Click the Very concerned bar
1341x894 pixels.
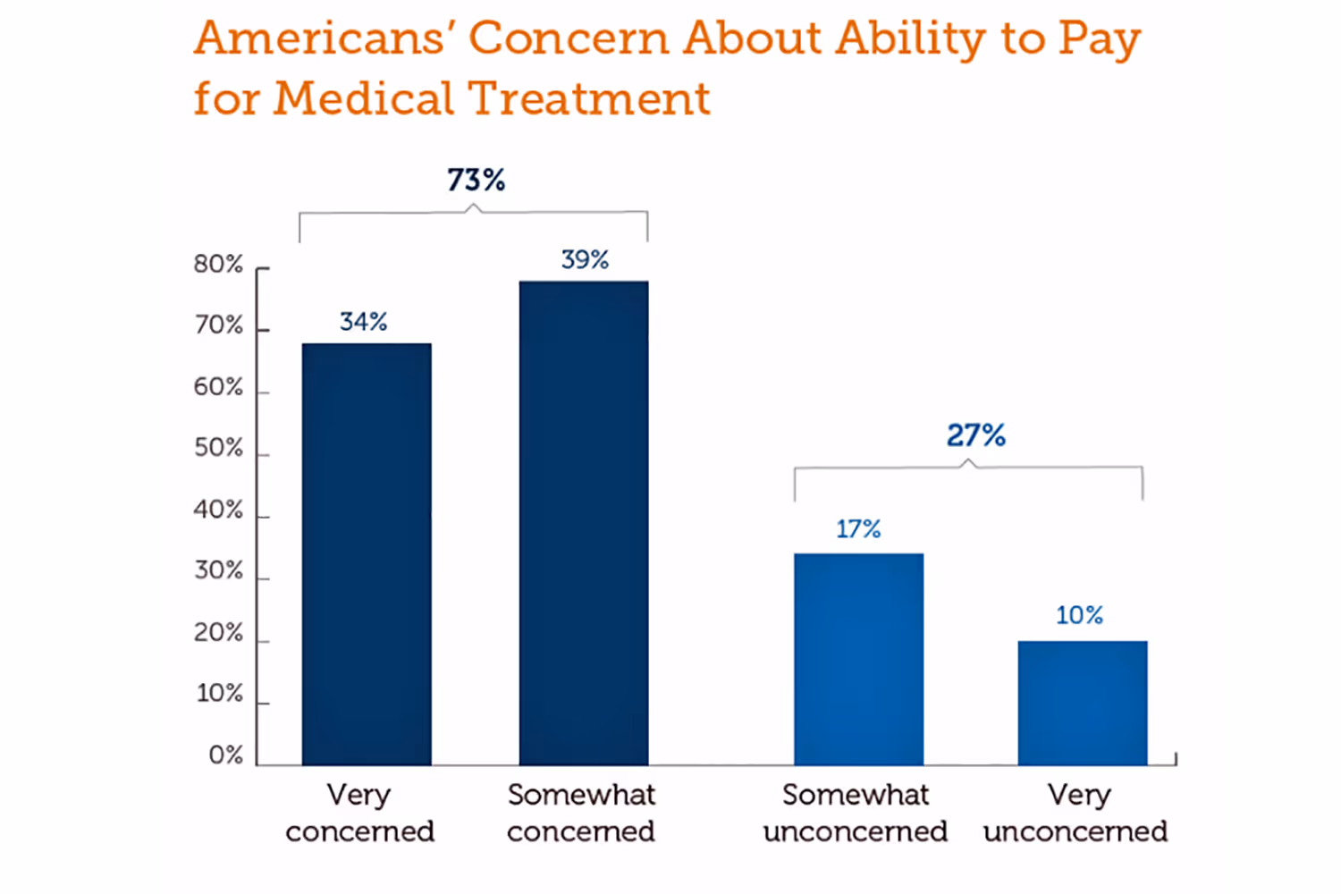[367, 554]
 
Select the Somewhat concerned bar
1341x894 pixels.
[584, 523]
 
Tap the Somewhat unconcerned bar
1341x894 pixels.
[858, 659]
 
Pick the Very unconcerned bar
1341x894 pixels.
[1082, 703]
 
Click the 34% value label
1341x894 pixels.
[364, 322]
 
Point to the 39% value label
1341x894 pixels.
[585, 260]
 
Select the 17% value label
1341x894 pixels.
[858, 529]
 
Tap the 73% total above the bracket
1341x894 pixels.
[477, 181]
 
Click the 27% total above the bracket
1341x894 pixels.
[976, 436]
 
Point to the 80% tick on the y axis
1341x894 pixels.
[218, 265]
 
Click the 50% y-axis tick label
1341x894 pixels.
[218, 448]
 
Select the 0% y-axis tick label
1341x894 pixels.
[225, 755]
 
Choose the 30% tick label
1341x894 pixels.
[218, 570]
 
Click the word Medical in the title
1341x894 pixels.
[364, 98]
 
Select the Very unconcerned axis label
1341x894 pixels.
[1075, 813]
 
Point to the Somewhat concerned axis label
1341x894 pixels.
[581, 813]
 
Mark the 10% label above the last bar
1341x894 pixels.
[1079, 615]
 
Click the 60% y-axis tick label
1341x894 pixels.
[218, 387]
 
